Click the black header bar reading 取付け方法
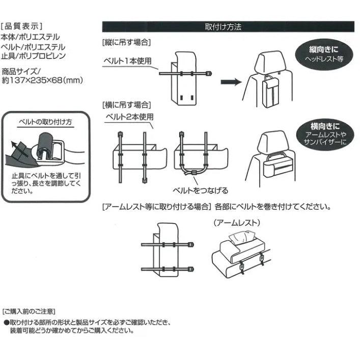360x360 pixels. tap(228, 26)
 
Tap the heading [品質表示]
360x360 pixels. tap(23, 26)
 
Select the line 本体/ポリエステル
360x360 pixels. tap(31, 37)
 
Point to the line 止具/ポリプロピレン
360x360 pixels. tap(34, 56)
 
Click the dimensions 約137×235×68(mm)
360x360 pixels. tap(42, 80)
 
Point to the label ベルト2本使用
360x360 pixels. tap(129, 117)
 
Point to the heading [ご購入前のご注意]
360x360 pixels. tap(29, 311)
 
